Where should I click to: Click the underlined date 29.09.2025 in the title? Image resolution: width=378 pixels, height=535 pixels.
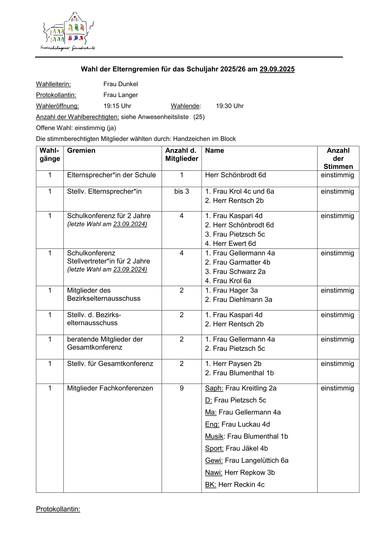(277, 69)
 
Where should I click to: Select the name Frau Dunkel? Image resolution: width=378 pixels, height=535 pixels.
(121, 84)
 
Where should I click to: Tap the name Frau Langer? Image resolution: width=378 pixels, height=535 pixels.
(121, 95)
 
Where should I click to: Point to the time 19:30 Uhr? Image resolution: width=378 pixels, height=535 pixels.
(230, 106)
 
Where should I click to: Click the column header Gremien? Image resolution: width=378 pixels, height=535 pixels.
(81, 150)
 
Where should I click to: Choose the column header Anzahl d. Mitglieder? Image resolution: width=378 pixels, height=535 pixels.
(181, 155)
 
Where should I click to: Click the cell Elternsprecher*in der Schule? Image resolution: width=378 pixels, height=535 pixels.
(111, 175)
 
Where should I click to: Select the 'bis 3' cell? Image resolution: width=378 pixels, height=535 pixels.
(181, 191)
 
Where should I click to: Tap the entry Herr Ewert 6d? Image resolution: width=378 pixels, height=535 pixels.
(230, 244)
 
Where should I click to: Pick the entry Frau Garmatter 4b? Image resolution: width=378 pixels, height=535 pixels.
(238, 262)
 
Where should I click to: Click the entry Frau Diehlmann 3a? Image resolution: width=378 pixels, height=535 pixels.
(239, 300)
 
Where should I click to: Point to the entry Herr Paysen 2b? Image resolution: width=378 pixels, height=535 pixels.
(233, 364)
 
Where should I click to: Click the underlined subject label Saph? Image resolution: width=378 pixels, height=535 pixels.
(214, 388)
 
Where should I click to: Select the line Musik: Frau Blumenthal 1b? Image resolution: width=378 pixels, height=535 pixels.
(246, 436)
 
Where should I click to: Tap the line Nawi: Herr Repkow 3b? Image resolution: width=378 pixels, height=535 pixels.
(240, 473)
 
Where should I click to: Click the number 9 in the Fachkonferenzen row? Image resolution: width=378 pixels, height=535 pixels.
(181, 388)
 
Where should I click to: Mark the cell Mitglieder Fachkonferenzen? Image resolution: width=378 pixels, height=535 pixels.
(110, 388)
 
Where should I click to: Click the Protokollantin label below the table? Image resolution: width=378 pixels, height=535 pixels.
(58, 509)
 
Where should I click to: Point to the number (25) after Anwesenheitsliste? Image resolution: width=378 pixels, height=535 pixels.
(199, 117)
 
